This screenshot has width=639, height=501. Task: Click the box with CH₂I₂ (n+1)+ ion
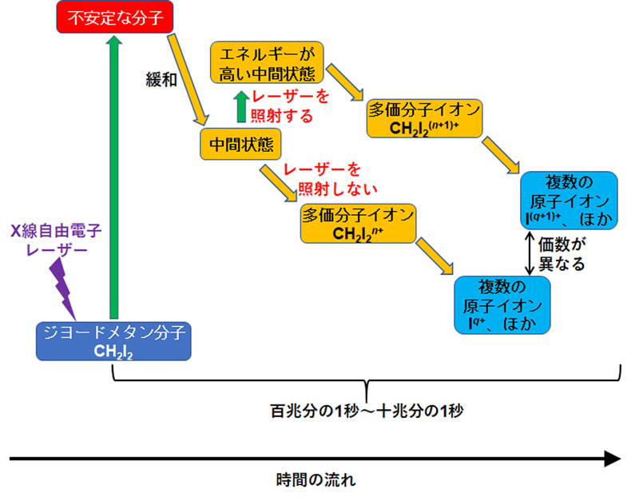[425, 117]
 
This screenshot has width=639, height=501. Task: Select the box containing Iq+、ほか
[502, 305]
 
